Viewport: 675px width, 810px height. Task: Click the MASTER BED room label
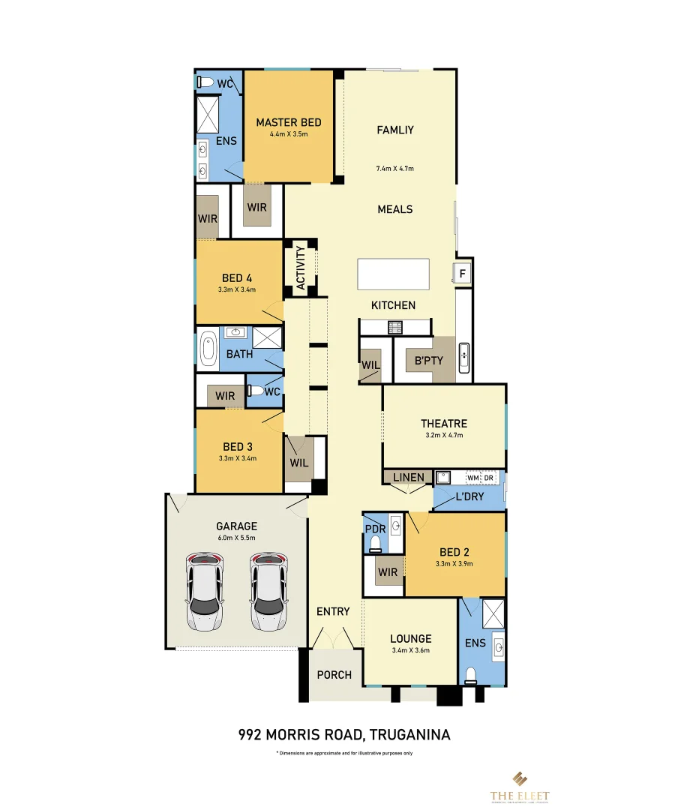pyautogui.click(x=289, y=122)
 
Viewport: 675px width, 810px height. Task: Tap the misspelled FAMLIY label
pyautogui.click(x=395, y=130)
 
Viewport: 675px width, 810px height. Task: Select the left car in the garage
pyautogui.click(x=205, y=592)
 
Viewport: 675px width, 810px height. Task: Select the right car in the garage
pyautogui.click(x=268, y=592)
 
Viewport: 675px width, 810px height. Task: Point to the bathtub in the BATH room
pyautogui.click(x=207, y=349)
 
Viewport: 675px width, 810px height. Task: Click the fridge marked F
pyautogui.click(x=463, y=274)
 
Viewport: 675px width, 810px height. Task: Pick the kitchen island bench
pyautogui.click(x=394, y=274)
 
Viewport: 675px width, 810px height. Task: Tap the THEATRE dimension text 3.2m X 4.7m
pyautogui.click(x=445, y=435)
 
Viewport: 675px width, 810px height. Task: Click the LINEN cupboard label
pyautogui.click(x=408, y=477)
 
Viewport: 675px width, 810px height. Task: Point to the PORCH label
pyautogui.click(x=334, y=674)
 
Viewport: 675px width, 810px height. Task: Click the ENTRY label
pyautogui.click(x=333, y=611)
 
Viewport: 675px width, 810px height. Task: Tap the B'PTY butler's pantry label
pyautogui.click(x=429, y=360)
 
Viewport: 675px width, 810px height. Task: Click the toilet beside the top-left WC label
pyautogui.click(x=205, y=82)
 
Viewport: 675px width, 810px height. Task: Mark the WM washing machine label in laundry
pyautogui.click(x=472, y=477)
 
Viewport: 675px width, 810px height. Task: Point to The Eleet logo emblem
pyautogui.click(x=520, y=778)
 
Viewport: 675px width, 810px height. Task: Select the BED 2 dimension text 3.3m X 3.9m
pyautogui.click(x=455, y=563)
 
